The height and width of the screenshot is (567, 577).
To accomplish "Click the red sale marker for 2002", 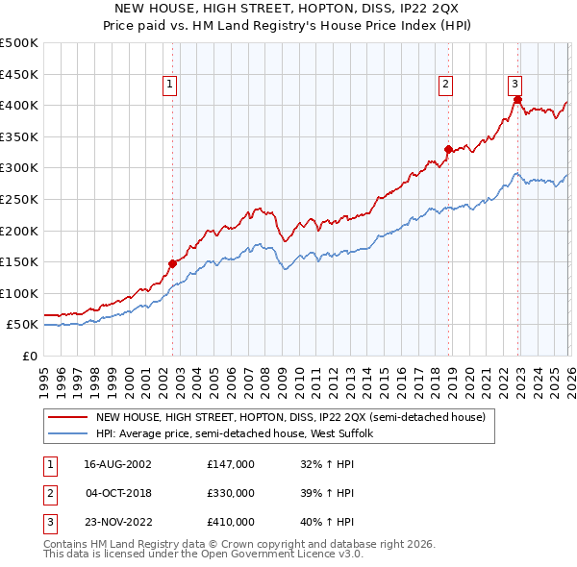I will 173,263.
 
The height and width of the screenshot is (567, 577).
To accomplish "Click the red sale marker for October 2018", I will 448,149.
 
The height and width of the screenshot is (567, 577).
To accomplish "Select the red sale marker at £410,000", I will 517,99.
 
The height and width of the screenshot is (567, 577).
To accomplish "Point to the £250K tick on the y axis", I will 19,199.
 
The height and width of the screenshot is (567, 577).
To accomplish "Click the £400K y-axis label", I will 19,105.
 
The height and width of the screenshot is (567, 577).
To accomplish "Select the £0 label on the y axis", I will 29,356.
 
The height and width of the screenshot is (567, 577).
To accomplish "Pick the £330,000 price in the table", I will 231,493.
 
